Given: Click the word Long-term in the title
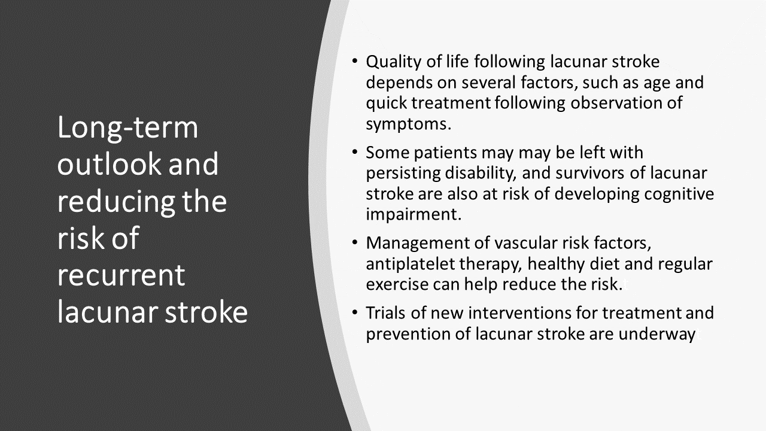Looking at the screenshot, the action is click(128, 128).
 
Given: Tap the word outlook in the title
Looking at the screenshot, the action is click(110, 164).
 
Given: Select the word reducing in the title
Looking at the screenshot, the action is click(116, 202).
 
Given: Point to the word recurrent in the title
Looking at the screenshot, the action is click(121, 276).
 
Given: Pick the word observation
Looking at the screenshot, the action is click(616, 102).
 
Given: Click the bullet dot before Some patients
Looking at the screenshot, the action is click(355, 151).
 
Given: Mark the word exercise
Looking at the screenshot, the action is click(397, 284).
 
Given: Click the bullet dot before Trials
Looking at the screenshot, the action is click(355, 312).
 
